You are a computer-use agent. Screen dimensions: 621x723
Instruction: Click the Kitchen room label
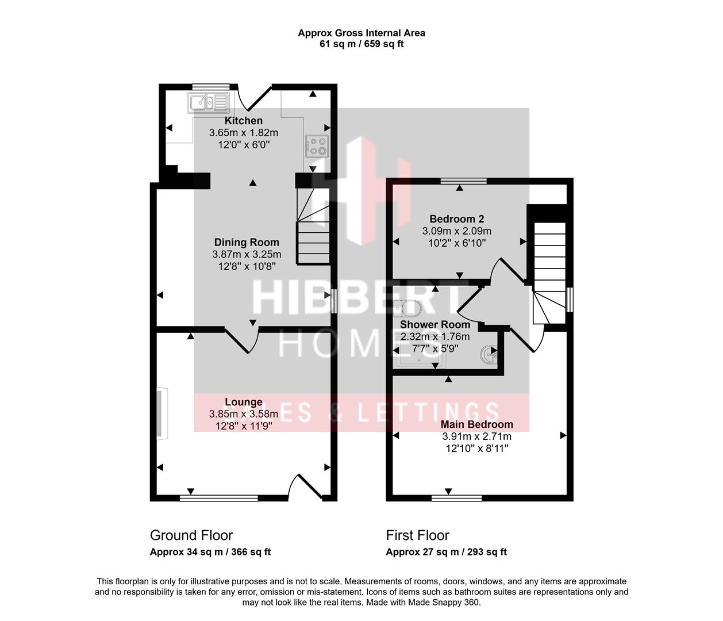click(x=243, y=121)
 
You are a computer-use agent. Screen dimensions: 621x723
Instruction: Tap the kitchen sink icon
click(x=207, y=103)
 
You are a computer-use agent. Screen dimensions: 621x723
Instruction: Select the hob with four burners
click(x=316, y=146)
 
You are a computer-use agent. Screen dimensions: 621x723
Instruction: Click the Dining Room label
click(x=247, y=243)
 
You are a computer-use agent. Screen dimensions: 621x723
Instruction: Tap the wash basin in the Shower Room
click(x=489, y=355)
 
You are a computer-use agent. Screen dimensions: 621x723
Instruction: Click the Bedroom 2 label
click(x=456, y=219)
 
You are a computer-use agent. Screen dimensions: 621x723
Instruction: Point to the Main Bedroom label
click(x=476, y=425)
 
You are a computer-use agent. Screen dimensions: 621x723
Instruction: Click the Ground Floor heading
click(x=191, y=535)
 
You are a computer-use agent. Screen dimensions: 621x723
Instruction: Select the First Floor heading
click(x=417, y=535)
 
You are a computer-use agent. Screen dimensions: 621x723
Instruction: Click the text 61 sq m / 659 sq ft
click(x=361, y=44)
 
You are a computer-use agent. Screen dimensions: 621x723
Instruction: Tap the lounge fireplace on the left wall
click(x=161, y=414)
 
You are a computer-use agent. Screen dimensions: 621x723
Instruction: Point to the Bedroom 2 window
click(x=463, y=181)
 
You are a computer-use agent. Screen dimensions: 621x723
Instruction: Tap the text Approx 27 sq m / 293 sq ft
click(x=446, y=552)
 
